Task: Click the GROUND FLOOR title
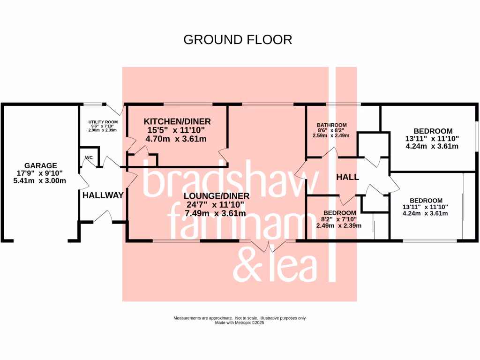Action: pyautogui.click(x=238, y=39)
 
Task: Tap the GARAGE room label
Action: pyautogui.click(x=41, y=165)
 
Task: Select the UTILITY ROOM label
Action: pyautogui.click(x=103, y=121)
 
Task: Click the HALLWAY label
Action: pyautogui.click(x=103, y=195)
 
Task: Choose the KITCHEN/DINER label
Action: pyautogui.click(x=177, y=121)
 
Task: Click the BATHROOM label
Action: pyautogui.click(x=332, y=125)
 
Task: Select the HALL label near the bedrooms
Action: pyautogui.click(x=347, y=177)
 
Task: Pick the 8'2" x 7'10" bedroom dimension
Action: pyautogui.click(x=339, y=219)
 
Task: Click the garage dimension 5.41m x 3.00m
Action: pyautogui.click(x=41, y=181)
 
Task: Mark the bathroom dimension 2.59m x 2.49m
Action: pyautogui.click(x=332, y=136)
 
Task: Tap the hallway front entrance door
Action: pyautogui.click(x=102, y=217)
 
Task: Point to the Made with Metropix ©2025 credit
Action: pyautogui.click(x=240, y=322)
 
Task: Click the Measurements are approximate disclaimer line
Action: pyautogui.click(x=240, y=318)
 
